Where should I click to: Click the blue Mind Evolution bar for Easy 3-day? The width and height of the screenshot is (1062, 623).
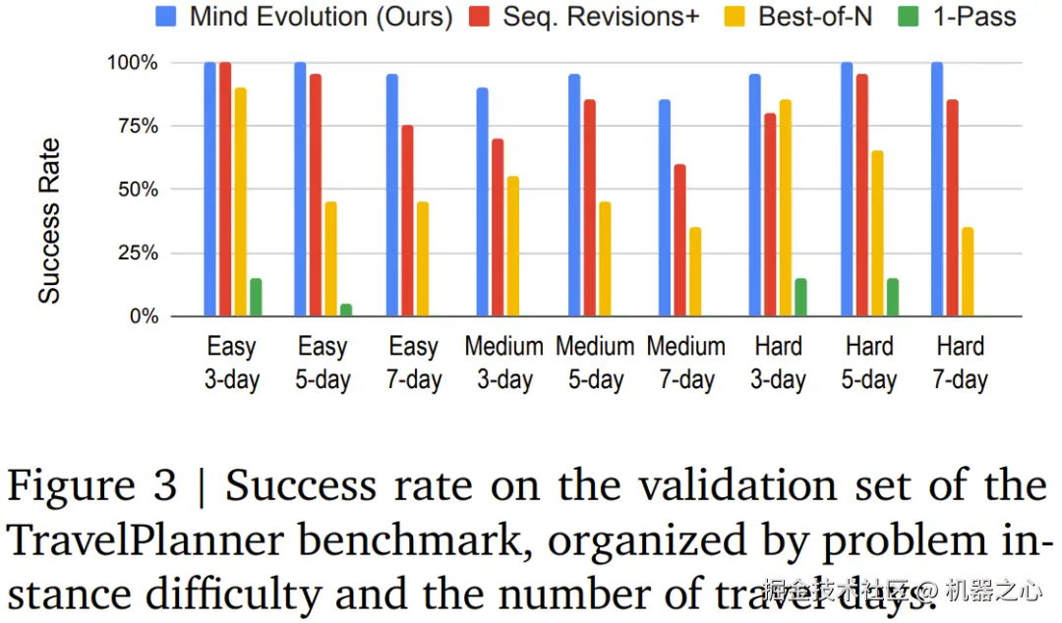point(209,189)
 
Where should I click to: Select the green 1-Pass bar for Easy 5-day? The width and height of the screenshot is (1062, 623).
point(345,310)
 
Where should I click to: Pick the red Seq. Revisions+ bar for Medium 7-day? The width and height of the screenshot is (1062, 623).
point(679,240)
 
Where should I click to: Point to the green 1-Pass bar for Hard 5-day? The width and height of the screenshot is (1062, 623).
point(892,297)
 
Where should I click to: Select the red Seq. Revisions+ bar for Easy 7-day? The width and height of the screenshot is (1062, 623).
point(407,221)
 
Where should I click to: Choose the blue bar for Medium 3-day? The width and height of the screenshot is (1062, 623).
point(482,201)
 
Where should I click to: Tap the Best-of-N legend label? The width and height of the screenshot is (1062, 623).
point(815,17)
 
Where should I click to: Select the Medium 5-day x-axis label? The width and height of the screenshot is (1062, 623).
point(595,363)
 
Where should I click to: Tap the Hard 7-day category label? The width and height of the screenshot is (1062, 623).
point(960,363)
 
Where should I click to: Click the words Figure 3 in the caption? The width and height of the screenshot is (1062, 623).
point(93,486)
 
